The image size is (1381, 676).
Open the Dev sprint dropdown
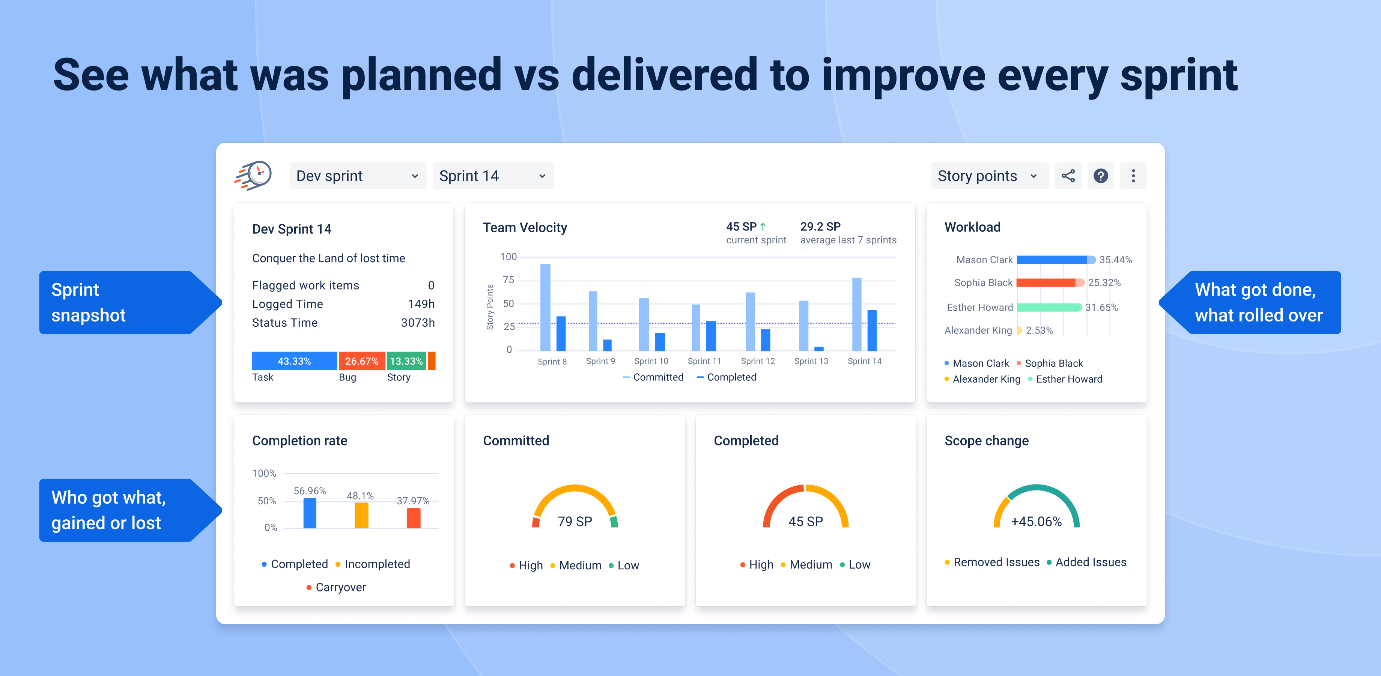357,176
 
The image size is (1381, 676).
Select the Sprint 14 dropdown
492,176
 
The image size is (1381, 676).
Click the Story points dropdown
988,176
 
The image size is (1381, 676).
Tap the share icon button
1068,176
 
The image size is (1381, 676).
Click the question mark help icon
1101,176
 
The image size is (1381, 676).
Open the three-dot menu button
1133,176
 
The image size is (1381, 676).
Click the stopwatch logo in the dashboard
254,175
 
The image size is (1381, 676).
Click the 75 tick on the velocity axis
508,280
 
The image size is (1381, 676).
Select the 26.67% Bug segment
362,361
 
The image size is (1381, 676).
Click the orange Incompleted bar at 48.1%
361,516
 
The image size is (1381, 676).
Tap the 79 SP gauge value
575,522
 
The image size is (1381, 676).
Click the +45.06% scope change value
1036,522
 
